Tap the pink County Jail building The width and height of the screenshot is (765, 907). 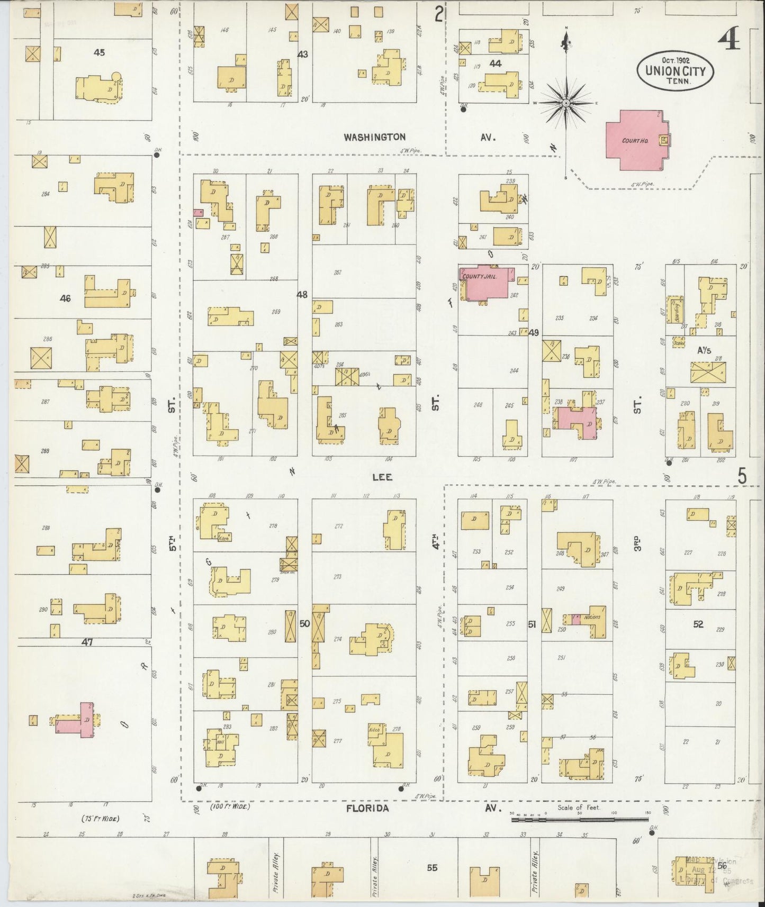(x=485, y=283)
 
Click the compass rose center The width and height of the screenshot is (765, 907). (x=566, y=103)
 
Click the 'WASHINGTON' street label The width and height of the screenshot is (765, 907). (x=375, y=137)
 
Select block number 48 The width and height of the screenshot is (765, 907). (x=302, y=294)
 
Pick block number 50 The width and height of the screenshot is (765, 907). (x=304, y=624)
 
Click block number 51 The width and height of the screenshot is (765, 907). (x=532, y=624)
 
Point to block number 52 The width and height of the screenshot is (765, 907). (x=698, y=624)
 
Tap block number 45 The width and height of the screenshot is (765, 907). (x=99, y=52)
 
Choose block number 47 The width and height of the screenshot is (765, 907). (x=87, y=642)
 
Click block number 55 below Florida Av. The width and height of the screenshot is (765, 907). (x=432, y=868)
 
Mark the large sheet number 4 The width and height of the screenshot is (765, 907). (x=729, y=37)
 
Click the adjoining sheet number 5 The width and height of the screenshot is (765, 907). (x=743, y=477)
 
